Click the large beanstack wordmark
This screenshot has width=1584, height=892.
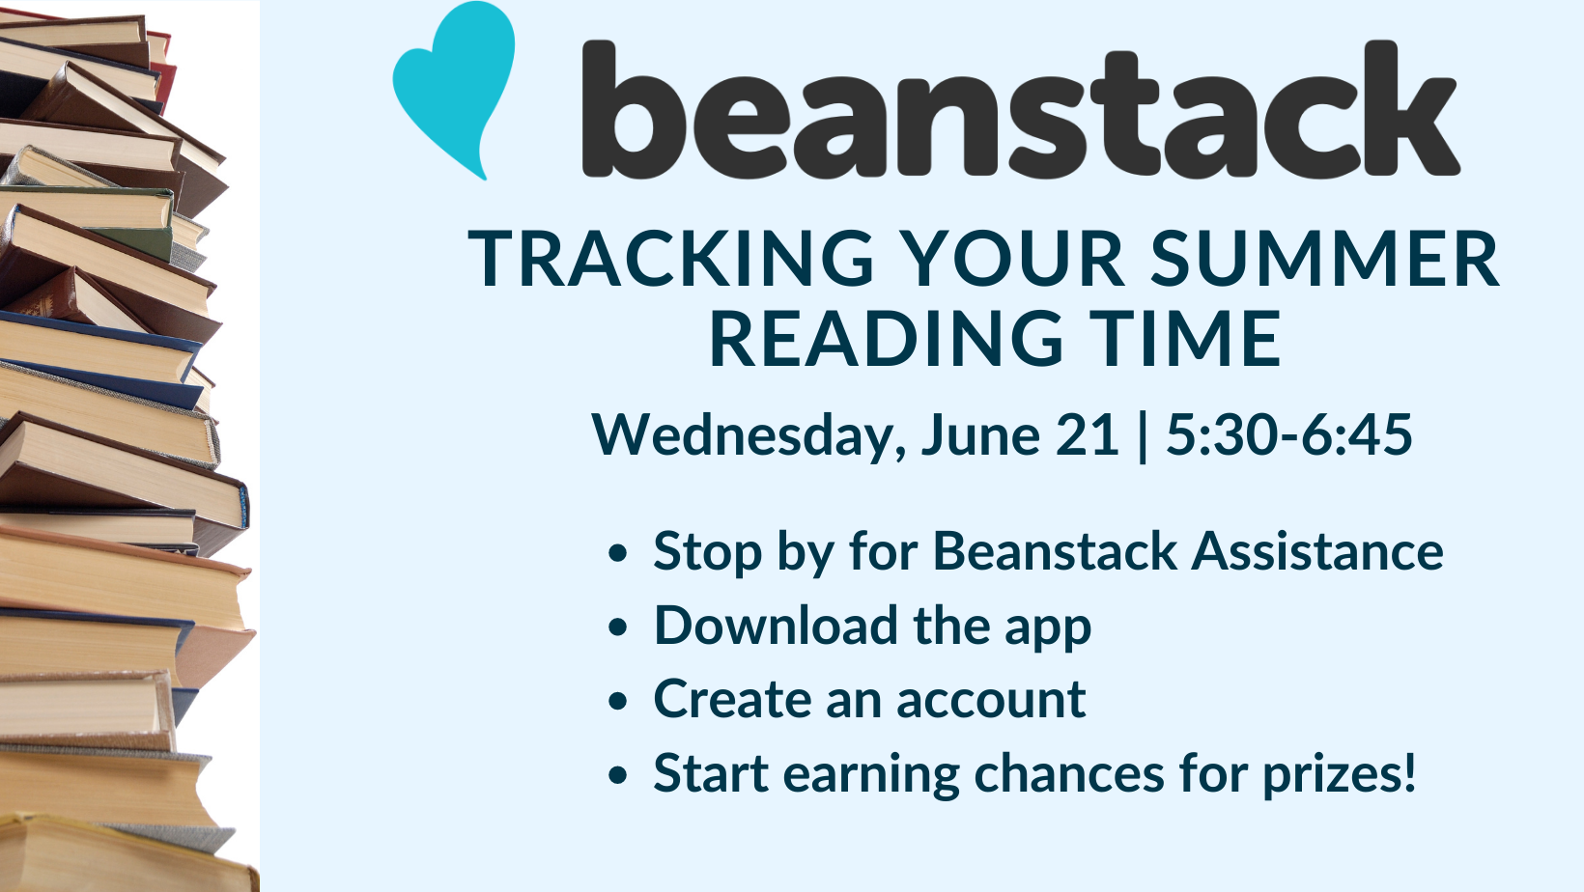(x=1021, y=108)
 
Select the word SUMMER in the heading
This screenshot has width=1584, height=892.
(x=1324, y=259)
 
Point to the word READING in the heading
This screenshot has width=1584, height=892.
(x=887, y=339)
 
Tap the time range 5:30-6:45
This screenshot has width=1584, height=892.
(x=1288, y=434)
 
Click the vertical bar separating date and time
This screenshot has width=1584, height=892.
(x=1143, y=437)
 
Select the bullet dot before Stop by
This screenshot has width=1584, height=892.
(x=617, y=553)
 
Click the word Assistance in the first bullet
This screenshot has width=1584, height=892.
(x=1317, y=551)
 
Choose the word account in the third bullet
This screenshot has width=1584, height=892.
(x=991, y=701)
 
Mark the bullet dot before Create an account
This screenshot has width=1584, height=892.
(x=617, y=701)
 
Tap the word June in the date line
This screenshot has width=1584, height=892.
(x=980, y=434)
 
